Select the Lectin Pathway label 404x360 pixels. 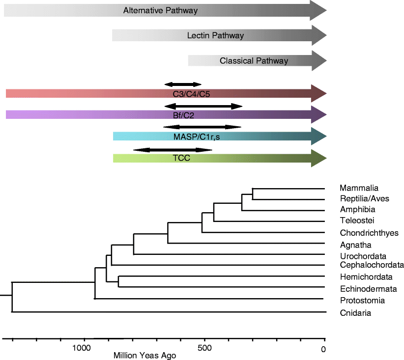[215, 36]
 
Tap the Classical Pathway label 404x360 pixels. [254, 61]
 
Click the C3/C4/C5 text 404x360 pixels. [191, 94]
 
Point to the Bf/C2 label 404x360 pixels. [180, 115]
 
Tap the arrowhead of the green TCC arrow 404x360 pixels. [318, 158]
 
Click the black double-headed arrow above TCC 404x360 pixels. [173, 149]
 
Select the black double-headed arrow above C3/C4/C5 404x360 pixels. [183, 84]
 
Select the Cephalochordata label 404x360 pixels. [371, 265]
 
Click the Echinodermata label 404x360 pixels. [365, 289]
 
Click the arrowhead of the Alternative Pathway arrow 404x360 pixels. [318, 10]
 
